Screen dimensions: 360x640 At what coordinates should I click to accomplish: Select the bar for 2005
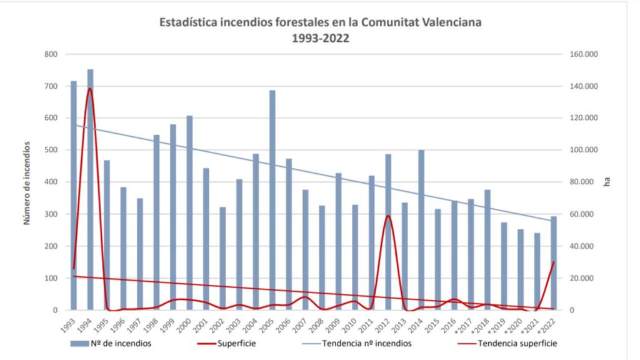pos(272,200)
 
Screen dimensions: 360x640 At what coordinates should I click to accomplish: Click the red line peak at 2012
pos(388,216)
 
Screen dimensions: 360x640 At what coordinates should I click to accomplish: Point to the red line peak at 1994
pos(90,88)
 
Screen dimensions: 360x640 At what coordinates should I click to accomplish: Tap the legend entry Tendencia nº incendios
pos(367,343)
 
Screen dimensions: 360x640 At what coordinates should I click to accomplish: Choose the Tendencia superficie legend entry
pos(517,343)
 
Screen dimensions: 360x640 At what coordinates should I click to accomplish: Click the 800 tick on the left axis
pos(51,54)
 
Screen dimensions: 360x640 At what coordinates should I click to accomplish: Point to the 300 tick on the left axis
pos(51,214)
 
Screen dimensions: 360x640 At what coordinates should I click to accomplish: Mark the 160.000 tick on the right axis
pos(584,54)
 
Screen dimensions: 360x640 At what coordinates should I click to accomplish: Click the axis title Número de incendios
pos(27,182)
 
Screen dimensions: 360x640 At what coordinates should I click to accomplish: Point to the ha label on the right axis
pos(606,182)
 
